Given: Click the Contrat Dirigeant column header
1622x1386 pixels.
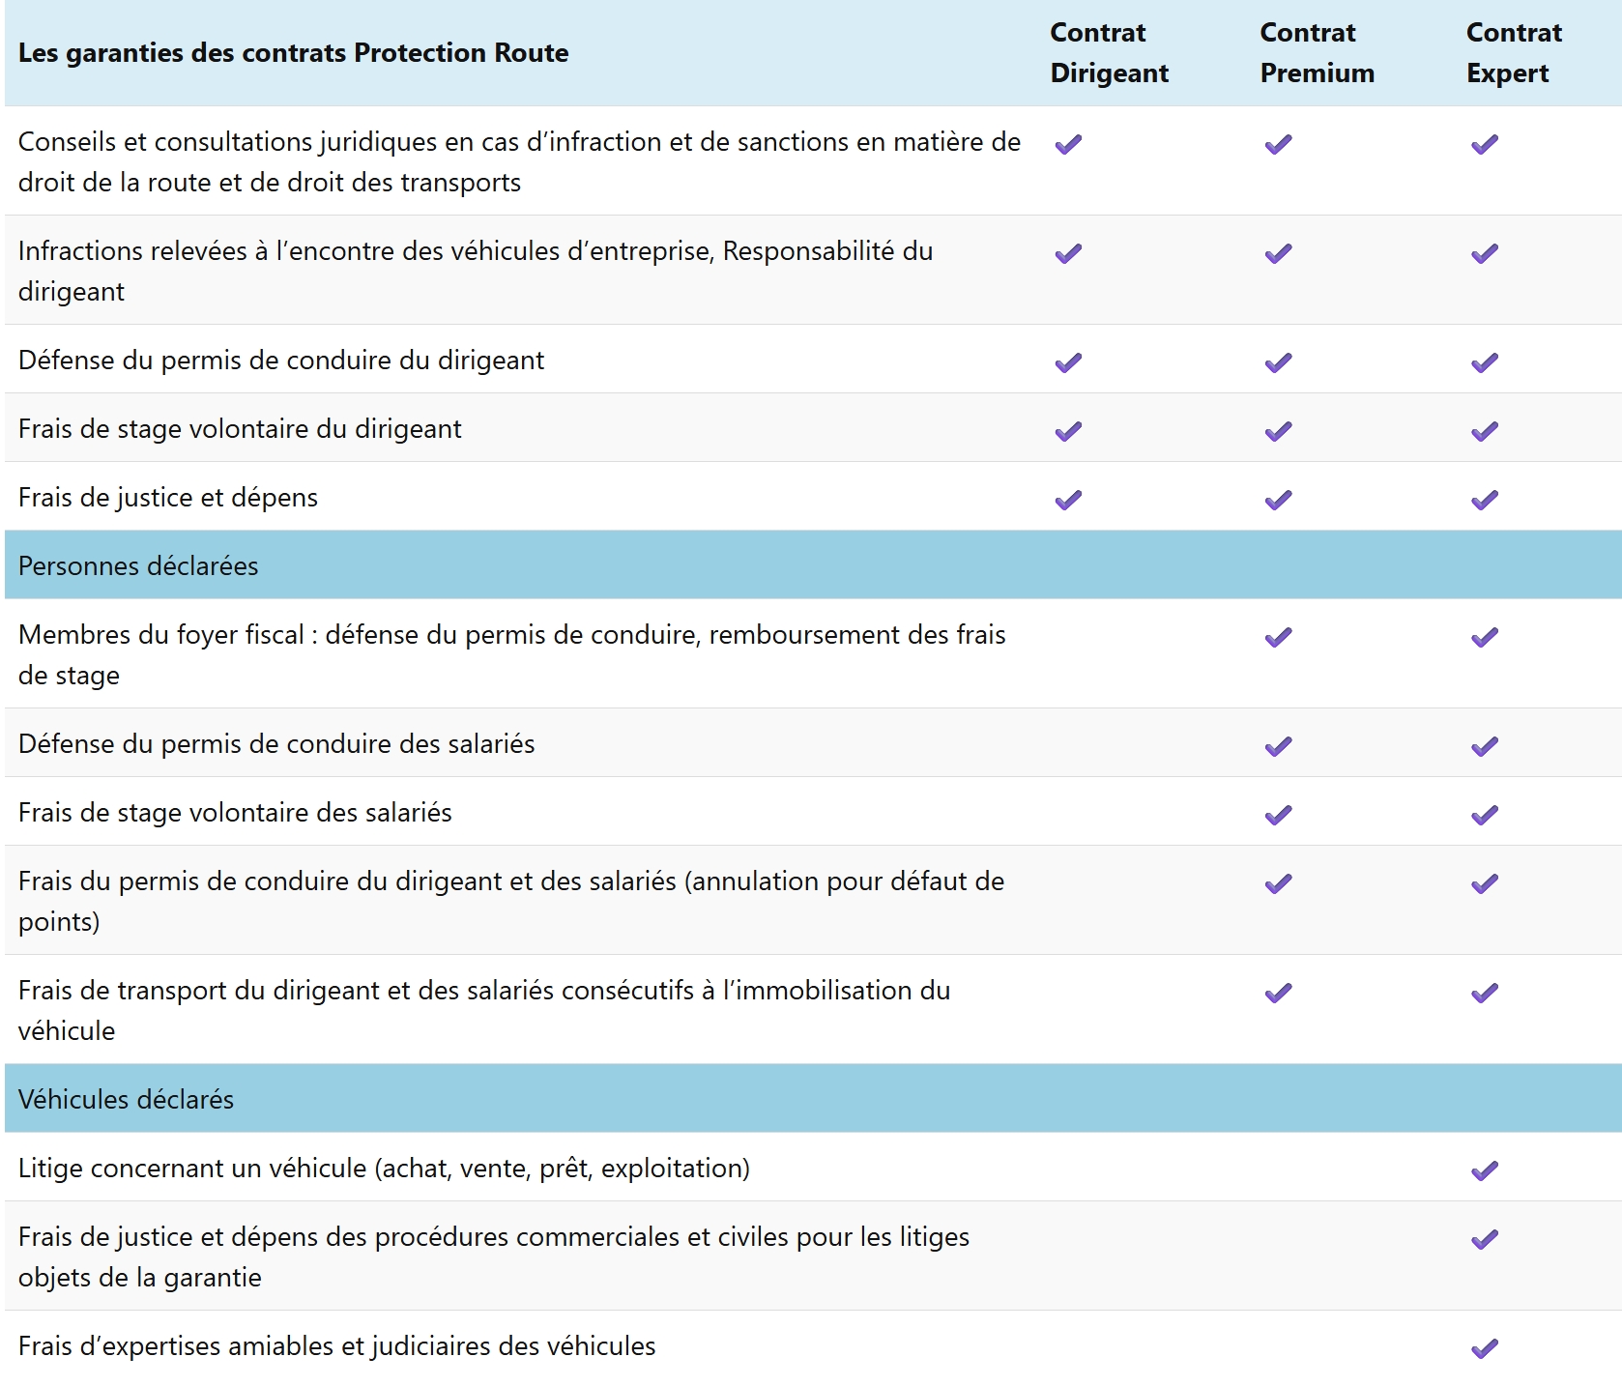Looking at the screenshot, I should click(x=1109, y=53).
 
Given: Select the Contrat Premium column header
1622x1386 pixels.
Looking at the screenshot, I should click(x=1317, y=53).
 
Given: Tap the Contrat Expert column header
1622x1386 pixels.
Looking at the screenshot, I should click(x=1514, y=53).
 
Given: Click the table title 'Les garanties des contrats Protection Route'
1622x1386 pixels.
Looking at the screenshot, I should click(x=293, y=53).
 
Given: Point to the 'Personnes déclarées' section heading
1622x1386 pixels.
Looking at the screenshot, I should click(x=138, y=565).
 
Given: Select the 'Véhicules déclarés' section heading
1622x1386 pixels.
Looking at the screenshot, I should click(x=126, y=1099).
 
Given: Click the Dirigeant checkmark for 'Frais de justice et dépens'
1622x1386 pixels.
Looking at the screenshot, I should click(x=1068, y=500).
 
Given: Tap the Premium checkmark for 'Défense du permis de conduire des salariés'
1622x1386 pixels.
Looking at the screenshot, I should click(x=1278, y=746).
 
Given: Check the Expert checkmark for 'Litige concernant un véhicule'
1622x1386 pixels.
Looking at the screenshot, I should click(x=1485, y=1170).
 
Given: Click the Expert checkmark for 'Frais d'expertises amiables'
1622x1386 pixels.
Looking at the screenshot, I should click(x=1485, y=1348).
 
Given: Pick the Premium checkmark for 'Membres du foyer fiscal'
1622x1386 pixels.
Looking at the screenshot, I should click(x=1278, y=637).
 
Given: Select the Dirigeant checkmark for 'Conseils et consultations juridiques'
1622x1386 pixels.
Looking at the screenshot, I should click(x=1068, y=144).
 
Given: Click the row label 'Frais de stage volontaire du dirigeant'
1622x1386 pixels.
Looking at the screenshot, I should click(x=240, y=428).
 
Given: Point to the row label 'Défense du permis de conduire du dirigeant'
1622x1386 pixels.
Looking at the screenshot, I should click(x=281, y=360).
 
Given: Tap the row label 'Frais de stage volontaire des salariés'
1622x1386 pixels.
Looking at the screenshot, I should click(x=235, y=812).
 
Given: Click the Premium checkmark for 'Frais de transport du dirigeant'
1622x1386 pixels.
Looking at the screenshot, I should click(x=1278, y=993).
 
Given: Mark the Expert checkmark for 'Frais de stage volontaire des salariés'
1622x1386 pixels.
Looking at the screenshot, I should click(x=1485, y=815).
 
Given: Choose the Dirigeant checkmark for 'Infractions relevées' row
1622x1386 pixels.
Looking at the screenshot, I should click(x=1068, y=253).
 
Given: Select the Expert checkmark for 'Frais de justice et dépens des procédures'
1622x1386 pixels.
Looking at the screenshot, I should click(x=1485, y=1239).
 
